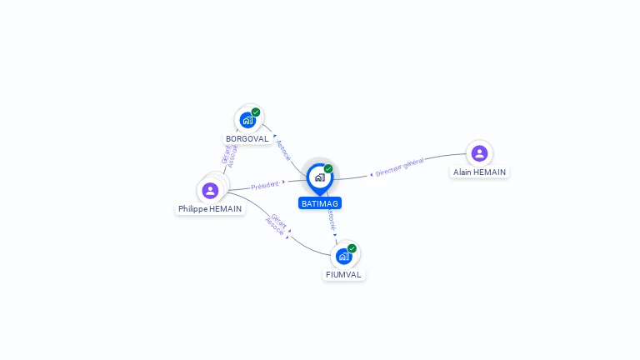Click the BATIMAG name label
(320, 203)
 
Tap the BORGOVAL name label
(247, 139)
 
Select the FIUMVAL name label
(344, 274)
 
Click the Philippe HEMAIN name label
(210, 209)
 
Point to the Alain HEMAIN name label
(479, 172)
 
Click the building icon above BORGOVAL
(247, 120)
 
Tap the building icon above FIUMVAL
(343, 256)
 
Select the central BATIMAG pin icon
(319, 177)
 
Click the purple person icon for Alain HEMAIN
(479, 153)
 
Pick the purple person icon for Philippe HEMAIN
(210, 190)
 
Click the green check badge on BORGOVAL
(256, 112)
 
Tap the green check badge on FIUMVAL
(352, 248)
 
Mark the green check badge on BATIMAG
(328, 169)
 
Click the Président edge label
(265, 185)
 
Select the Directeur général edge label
(400, 167)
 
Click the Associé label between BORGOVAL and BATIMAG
(283, 150)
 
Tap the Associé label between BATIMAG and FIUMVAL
(331, 218)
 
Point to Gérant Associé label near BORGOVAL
(229, 153)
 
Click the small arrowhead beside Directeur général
(372, 174)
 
